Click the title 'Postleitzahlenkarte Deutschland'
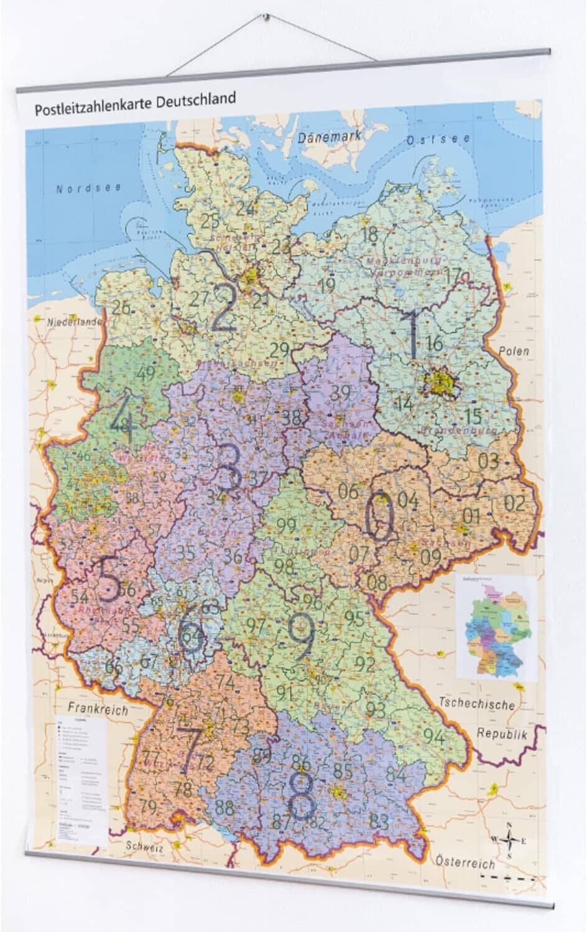point(135,104)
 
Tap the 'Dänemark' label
point(329,137)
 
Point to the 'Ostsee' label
point(438,140)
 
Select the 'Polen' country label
point(514,351)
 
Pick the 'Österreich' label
point(465,862)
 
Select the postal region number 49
point(146,374)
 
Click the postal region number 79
point(148,808)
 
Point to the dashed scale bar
point(508,877)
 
